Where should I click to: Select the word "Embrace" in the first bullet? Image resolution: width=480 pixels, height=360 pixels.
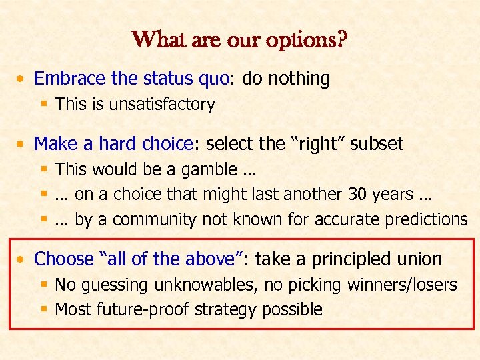(x=71, y=79)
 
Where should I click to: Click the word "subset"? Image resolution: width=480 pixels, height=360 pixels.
(x=377, y=143)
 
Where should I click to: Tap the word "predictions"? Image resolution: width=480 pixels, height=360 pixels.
(x=425, y=219)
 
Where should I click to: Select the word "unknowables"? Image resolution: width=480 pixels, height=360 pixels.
(x=205, y=285)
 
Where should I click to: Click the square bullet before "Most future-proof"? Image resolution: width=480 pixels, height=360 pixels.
(x=43, y=310)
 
